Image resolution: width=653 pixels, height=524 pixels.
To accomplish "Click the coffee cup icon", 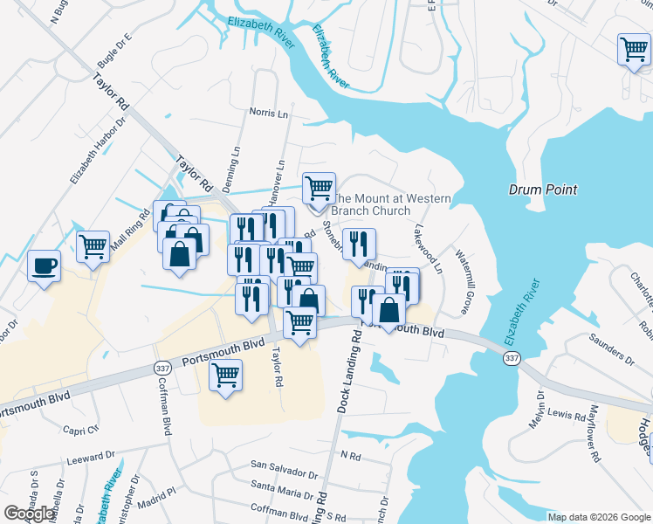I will point(43,265).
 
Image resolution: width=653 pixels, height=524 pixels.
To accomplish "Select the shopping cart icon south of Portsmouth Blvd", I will point(225,376).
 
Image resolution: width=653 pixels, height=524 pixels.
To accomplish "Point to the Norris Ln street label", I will point(268,114).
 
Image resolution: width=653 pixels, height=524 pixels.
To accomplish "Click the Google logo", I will point(29,514).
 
